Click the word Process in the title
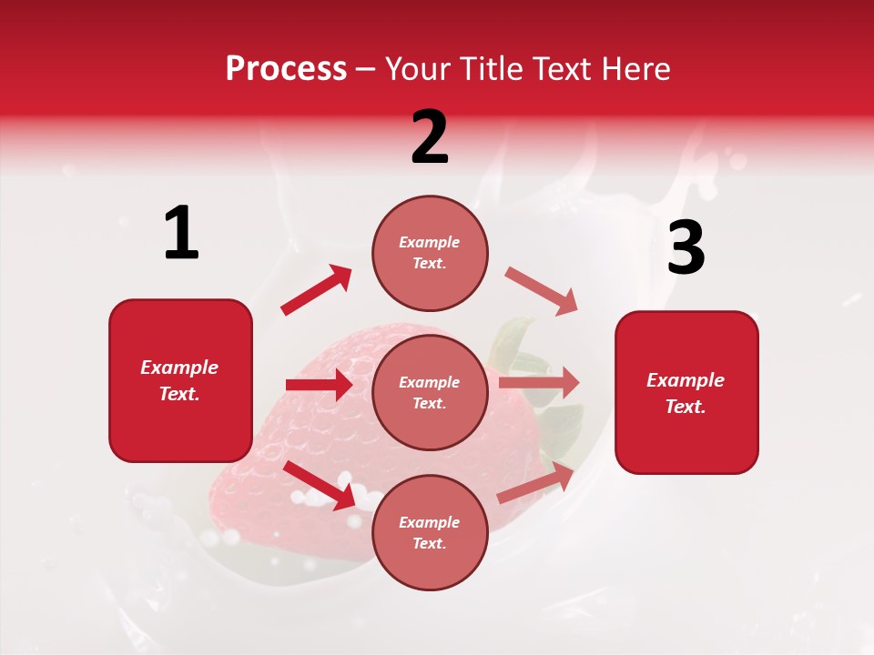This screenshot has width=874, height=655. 286,69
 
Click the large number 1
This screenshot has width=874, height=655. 181,234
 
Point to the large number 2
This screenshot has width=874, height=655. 430,137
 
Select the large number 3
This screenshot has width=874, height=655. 686,248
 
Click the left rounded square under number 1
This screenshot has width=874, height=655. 180,380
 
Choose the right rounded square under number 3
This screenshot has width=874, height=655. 686,392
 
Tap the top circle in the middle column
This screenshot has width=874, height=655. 430,253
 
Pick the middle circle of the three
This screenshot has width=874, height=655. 430,392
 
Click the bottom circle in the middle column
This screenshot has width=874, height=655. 430,532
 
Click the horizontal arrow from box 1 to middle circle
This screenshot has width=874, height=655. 319,385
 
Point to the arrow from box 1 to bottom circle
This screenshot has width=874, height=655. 320,485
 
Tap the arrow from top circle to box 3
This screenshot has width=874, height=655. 541,290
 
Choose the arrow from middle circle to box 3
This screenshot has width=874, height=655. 538,383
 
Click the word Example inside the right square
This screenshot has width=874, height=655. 686,380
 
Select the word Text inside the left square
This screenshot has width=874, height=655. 178,394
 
